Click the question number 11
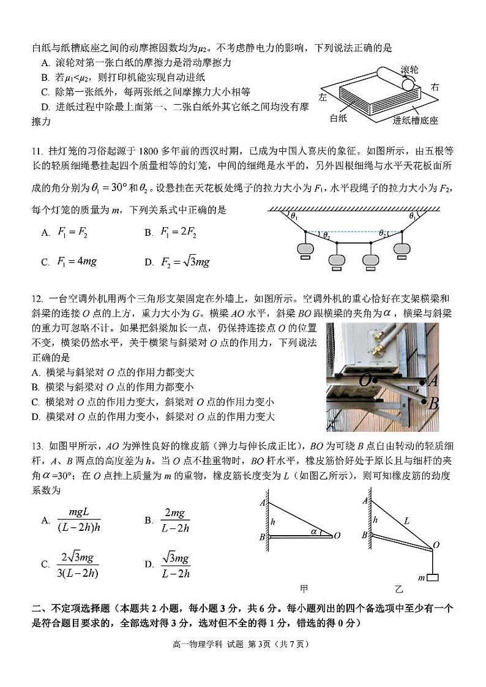36,151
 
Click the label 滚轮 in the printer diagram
409,69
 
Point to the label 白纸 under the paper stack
338,118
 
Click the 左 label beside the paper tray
323,97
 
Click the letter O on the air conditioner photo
365,380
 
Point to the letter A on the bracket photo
433,381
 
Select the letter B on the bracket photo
433,404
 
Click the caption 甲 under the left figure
304,589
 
